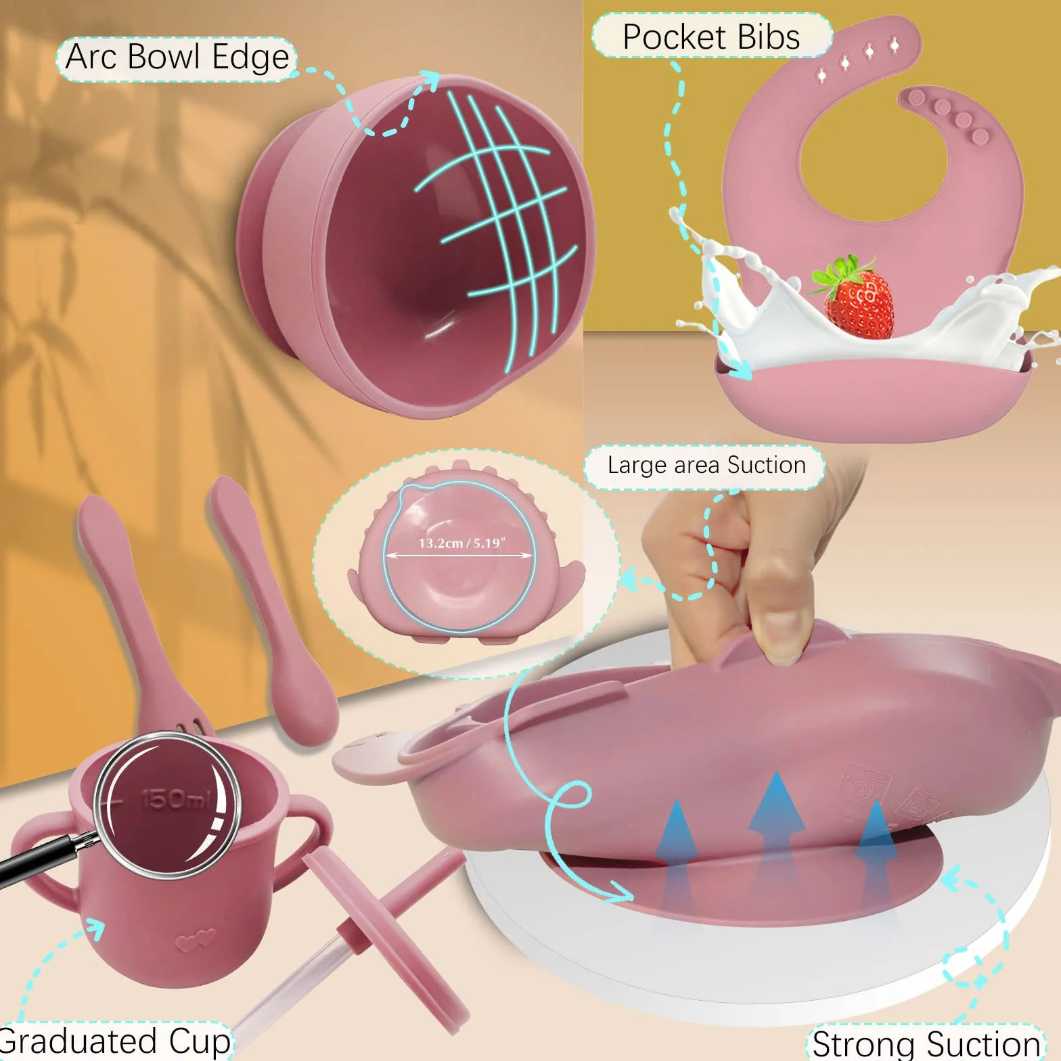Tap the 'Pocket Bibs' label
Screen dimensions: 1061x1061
coord(711,37)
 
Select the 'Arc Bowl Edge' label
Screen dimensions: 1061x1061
coord(177,58)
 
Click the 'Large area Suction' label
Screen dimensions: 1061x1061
coord(706,466)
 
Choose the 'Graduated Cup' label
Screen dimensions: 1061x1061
coord(115,1041)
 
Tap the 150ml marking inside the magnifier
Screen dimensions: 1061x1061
coord(175,799)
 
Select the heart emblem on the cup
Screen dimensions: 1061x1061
coord(196,941)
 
